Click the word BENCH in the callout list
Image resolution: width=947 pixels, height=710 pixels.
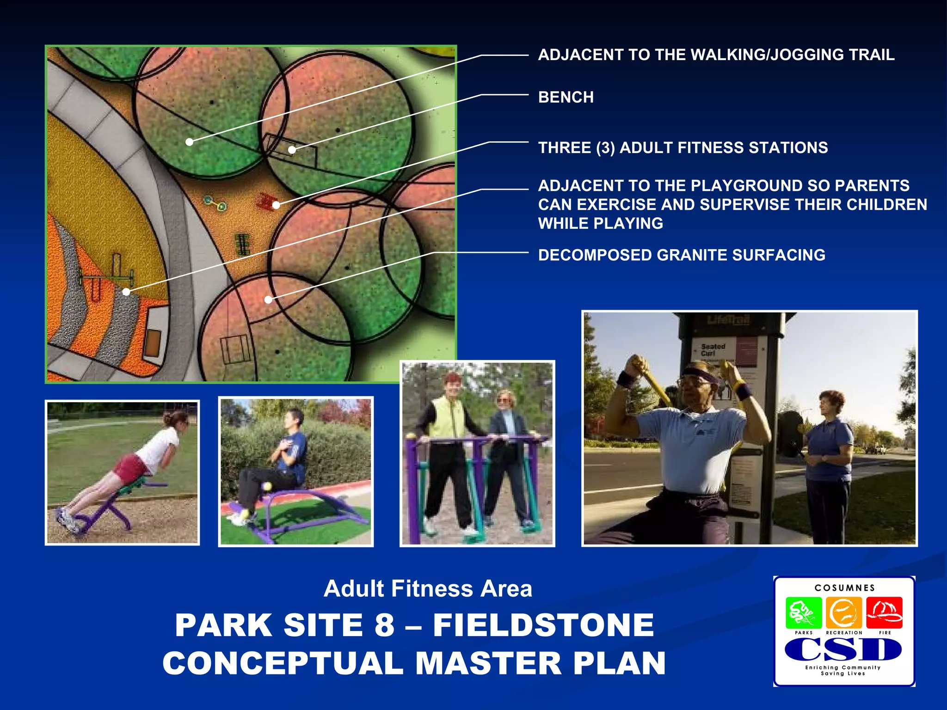(566, 98)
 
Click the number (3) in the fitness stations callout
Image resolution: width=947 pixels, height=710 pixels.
(605, 148)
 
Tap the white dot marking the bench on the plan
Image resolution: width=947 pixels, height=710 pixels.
(292, 150)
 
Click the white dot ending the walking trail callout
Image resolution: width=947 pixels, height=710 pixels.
(189, 142)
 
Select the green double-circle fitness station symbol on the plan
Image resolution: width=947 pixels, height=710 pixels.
(215, 203)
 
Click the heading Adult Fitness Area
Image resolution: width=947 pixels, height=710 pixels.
(428, 589)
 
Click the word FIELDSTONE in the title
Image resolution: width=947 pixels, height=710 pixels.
(543, 625)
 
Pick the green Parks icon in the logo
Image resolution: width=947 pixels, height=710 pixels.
(803, 613)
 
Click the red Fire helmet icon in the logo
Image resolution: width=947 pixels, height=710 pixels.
(884, 613)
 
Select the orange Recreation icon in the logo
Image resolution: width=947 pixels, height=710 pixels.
(843, 613)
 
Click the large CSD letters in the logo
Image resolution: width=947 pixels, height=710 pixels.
(843, 649)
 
